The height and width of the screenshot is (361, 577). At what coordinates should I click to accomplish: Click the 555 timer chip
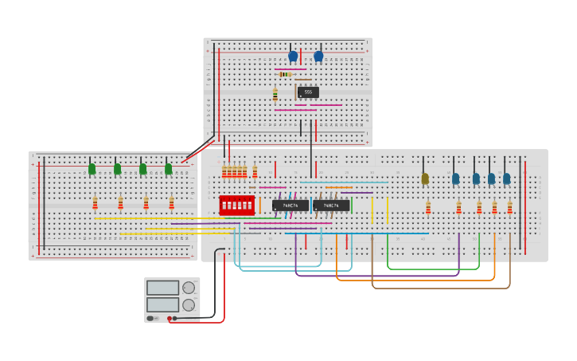[308, 92]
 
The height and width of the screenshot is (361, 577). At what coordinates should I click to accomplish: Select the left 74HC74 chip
[290, 206]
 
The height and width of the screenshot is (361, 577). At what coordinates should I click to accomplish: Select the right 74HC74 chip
[331, 206]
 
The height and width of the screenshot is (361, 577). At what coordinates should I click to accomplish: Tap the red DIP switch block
[236, 205]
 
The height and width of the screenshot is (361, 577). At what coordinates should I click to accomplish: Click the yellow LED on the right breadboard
[425, 179]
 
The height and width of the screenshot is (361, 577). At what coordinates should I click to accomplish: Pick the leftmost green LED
[92, 169]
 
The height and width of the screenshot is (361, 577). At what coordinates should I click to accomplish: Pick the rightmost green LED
[169, 169]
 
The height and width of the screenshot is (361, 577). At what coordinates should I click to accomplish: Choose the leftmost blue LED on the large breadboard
[456, 179]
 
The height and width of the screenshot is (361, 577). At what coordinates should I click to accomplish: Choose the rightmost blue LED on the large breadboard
[507, 179]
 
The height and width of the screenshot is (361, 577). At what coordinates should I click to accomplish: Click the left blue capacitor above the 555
[293, 57]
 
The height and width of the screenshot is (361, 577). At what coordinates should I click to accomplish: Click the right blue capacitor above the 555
[318, 57]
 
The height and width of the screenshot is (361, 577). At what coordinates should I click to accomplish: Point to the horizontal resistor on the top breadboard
[286, 74]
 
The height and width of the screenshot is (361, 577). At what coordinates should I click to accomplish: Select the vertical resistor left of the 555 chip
[275, 96]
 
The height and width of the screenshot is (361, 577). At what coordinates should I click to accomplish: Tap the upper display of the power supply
[162, 288]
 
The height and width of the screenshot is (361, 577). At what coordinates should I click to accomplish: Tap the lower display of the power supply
[162, 304]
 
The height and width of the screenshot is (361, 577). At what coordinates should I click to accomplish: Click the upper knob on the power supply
[189, 288]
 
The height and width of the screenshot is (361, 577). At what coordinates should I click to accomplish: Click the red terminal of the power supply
[170, 318]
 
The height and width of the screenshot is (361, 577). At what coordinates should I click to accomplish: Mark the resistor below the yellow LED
[428, 208]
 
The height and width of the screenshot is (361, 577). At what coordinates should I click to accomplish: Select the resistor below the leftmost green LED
[95, 202]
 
